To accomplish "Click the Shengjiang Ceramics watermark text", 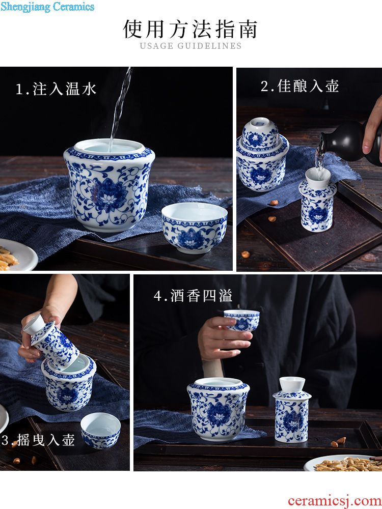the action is (47, 7).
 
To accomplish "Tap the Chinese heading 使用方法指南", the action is (190, 29).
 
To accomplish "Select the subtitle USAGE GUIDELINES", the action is (190, 46).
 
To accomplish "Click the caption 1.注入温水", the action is (56, 89).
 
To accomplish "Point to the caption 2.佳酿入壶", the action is (300, 87).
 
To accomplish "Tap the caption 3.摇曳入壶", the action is (38, 440).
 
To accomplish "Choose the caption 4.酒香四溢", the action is (193, 296).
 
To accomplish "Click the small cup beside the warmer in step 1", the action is (195, 228).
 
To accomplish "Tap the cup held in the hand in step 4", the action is (241, 320).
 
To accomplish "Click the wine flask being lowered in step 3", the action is (51, 341).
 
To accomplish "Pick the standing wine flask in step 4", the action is (292, 410).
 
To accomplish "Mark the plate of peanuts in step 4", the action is (343, 463).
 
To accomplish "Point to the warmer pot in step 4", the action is (219, 409).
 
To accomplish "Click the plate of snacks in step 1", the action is (16, 255).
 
